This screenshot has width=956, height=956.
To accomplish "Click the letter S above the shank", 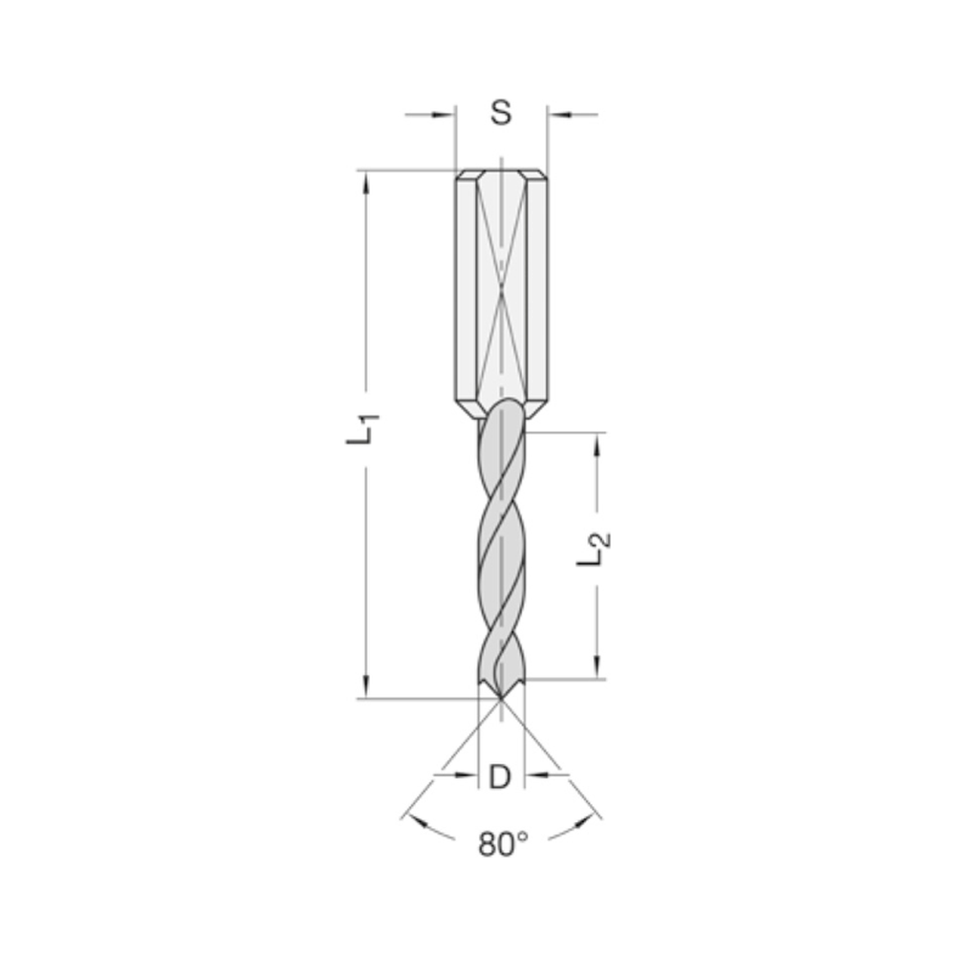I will (x=501, y=113).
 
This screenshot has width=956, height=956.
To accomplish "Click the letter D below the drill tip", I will (x=500, y=778).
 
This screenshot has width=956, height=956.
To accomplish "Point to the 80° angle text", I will (x=503, y=844).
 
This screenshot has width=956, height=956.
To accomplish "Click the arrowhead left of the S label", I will (x=445, y=116).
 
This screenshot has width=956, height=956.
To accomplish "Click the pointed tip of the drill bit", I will (x=501, y=695).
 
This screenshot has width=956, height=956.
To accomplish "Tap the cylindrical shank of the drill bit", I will (x=501, y=287).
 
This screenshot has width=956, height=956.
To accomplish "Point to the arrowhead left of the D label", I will (x=467, y=775).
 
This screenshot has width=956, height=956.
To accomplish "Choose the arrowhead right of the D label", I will (x=533, y=775).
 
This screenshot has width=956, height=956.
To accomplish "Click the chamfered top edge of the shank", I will (x=501, y=175).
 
